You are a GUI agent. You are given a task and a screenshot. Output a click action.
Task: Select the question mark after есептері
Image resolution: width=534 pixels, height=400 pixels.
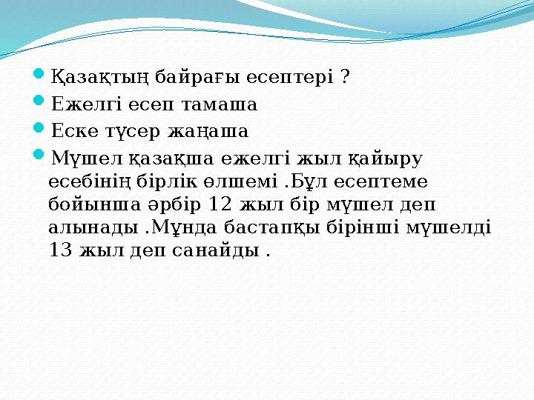click(x=346, y=78)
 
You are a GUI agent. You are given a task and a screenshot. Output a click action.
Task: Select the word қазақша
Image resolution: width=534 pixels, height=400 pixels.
click(x=171, y=157)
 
